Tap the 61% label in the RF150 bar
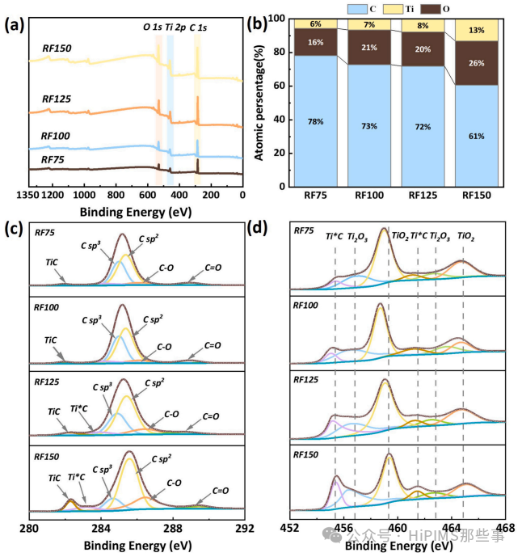click(476, 136)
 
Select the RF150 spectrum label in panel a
click(57, 49)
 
